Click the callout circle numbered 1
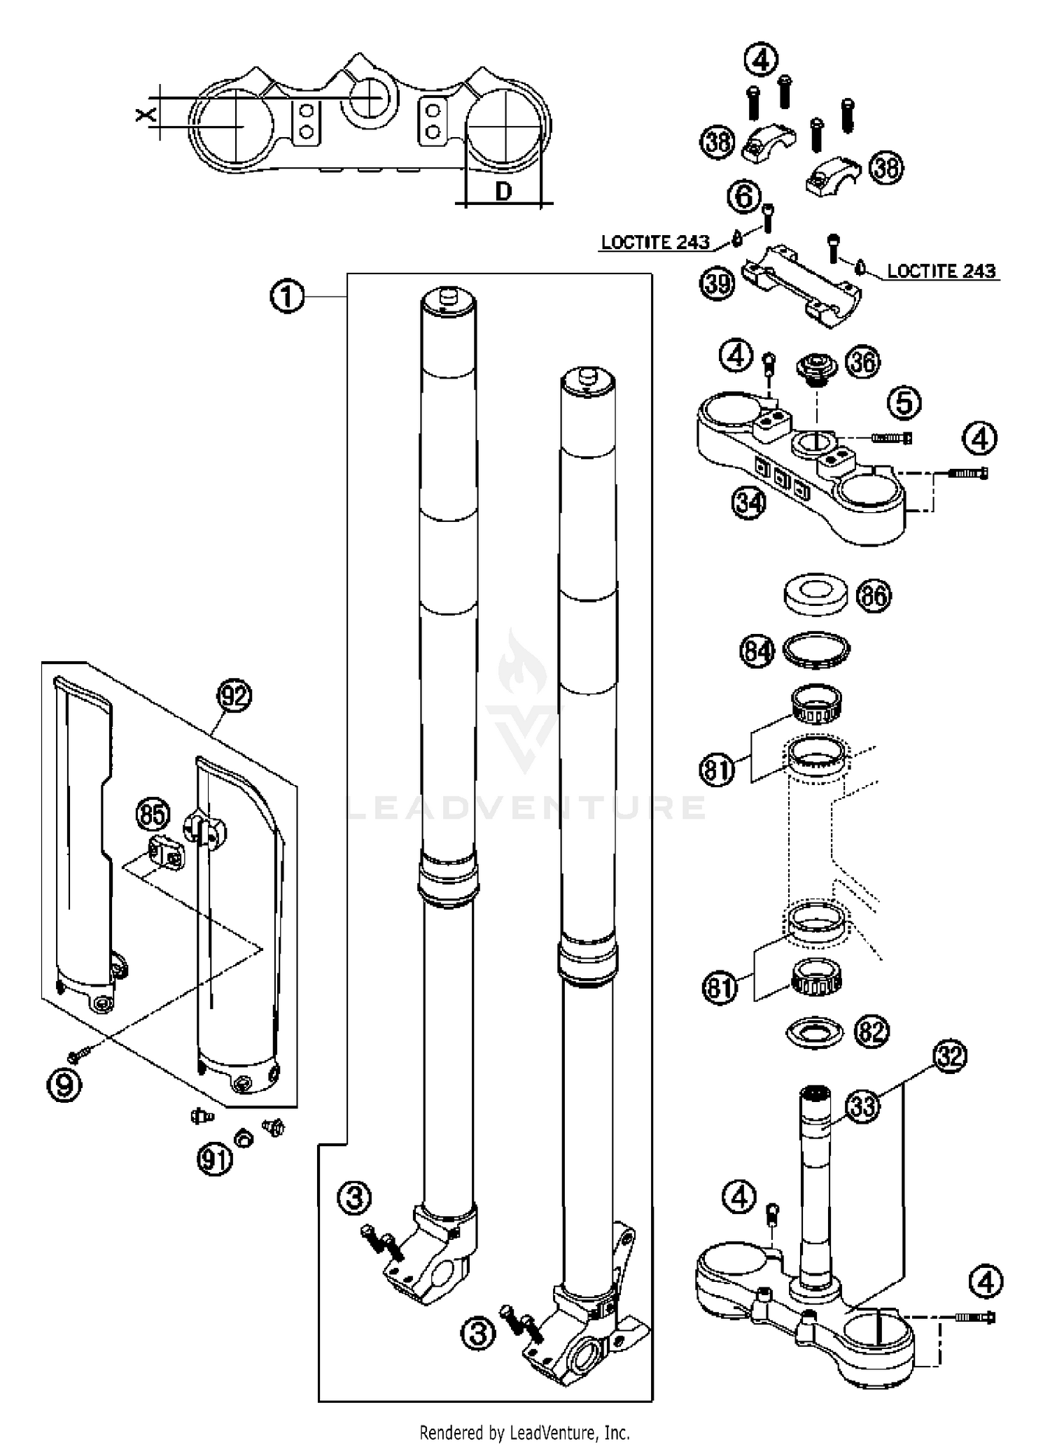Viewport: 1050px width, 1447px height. pyautogui.click(x=287, y=297)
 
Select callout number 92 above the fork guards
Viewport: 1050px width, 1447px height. pyautogui.click(x=234, y=696)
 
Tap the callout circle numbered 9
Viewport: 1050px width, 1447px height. pyautogui.click(x=64, y=1085)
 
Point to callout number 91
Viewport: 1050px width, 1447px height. pyautogui.click(x=214, y=1160)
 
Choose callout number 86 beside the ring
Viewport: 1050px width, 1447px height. pyautogui.click(x=874, y=596)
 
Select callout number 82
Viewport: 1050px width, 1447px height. pyautogui.click(x=872, y=1031)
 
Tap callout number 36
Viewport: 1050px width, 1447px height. pyautogui.click(x=862, y=362)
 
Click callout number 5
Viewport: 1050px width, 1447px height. pyautogui.click(x=904, y=403)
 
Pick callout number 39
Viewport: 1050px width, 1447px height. pyautogui.click(x=717, y=283)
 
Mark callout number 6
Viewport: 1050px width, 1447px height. pyautogui.click(x=744, y=197)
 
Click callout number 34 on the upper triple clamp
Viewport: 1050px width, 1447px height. pyautogui.click(x=749, y=502)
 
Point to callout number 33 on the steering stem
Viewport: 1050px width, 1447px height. pyautogui.click(x=862, y=1108)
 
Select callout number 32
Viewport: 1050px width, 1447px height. pyautogui.click(x=949, y=1057)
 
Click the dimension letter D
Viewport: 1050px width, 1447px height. pyautogui.click(x=503, y=190)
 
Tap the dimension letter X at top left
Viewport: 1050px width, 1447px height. pyautogui.click(x=146, y=114)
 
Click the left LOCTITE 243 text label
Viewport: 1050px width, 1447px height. pyautogui.click(x=655, y=243)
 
